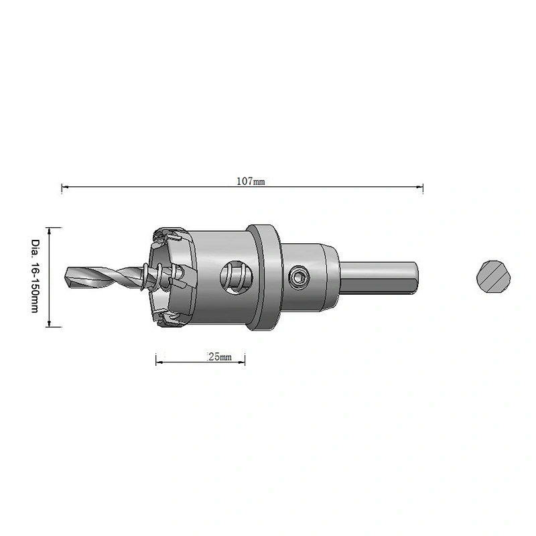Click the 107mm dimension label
tap(251, 181)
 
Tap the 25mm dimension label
tap(220, 357)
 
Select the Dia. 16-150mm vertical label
tap(36, 276)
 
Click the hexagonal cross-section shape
tap(493, 277)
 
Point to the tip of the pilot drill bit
tap(66, 277)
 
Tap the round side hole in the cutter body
tap(237, 277)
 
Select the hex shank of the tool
tap(379, 278)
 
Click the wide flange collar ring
tap(265, 277)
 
